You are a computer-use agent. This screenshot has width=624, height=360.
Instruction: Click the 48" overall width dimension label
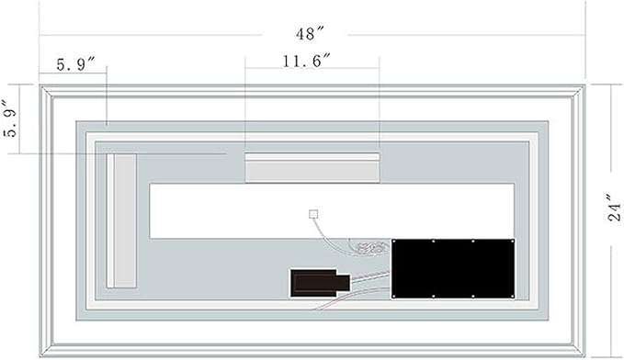pos(310,34)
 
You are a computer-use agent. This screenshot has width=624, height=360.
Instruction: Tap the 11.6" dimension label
pos(307,61)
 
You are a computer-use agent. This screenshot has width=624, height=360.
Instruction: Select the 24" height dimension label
pos(615,208)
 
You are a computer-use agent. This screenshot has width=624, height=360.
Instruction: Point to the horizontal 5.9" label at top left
pos(75,64)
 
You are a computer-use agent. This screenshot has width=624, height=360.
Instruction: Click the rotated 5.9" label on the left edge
pos(11,118)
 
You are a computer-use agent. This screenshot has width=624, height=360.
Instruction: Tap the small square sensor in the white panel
pos(313,214)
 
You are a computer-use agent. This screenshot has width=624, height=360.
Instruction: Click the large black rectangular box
pos(453,268)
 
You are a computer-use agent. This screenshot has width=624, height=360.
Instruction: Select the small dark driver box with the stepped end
pos(320,283)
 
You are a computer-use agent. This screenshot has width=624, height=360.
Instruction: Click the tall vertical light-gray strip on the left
pos(122,220)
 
